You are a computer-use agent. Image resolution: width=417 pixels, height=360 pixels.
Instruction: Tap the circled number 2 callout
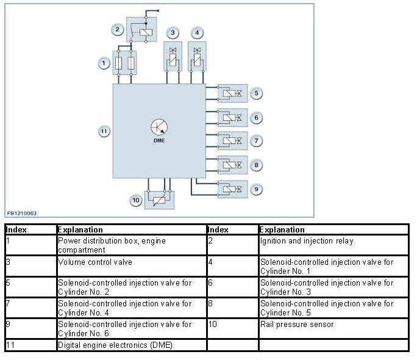pyautogui.click(x=117, y=29)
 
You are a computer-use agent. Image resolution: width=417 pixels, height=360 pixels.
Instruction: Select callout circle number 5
pyautogui.click(x=257, y=93)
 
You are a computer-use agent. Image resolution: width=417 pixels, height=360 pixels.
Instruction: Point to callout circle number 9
pyautogui.click(x=257, y=189)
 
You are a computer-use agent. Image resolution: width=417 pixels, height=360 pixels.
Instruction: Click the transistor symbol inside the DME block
pyautogui.click(x=159, y=127)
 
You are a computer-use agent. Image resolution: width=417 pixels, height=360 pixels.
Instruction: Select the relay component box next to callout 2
pyautogui.click(x=141, y=31)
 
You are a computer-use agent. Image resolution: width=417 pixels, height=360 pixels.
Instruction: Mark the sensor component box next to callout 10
pyautogui.click(x=159, y=200)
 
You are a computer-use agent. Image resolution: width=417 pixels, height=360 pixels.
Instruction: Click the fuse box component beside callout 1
pyautogui.click(x=126, y=62)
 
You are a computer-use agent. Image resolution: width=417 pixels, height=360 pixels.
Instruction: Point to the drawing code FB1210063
pyautogui.click(x=22, y=214)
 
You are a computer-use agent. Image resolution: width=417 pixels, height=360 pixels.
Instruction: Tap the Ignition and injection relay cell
pyautogui.click(x=306, y=241)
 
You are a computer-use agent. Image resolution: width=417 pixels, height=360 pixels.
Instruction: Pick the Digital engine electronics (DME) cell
pyautogui.click(x=115, y=345)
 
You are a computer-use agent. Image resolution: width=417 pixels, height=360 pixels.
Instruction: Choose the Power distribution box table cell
pyautogui.click(x=112, y=245)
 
